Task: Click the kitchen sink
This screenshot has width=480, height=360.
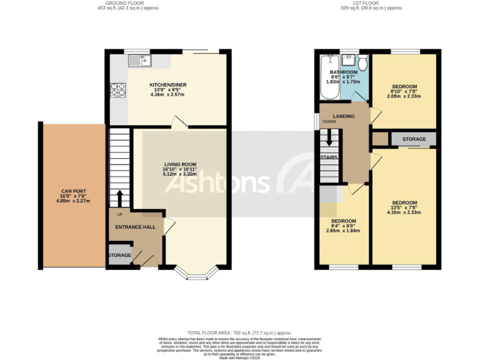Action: point(139,61)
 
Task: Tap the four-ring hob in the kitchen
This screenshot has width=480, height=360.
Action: point(117,91)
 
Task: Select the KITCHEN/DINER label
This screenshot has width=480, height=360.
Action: point(167,85)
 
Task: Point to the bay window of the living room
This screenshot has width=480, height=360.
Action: point(196,271)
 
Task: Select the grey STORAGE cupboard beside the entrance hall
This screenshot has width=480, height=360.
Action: point(119,256)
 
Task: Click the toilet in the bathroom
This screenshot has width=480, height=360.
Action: point(362,63)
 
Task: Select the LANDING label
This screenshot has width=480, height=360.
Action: point(344,116)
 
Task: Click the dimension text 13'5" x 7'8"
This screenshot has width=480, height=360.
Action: point(404,207)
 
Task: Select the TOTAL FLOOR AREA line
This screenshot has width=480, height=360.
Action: point(240,333)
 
